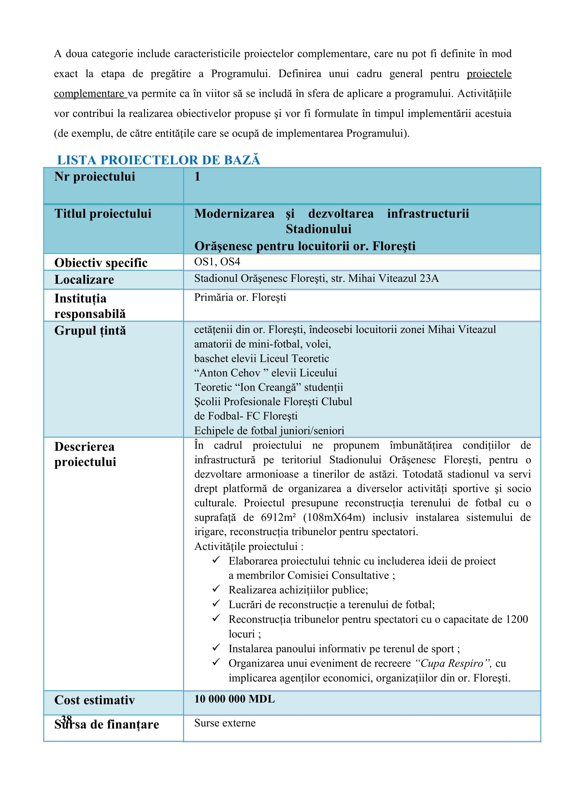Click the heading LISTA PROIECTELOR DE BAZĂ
[158, 160]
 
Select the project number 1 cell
[197, 176]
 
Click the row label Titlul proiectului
[103, 213]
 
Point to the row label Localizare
[84, 280]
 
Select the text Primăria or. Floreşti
[240, 297]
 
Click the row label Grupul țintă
[90, 331]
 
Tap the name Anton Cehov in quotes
[230, 373]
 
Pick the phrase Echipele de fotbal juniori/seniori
[269, 431]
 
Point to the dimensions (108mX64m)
[334, 517]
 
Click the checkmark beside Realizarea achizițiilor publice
[216, 589]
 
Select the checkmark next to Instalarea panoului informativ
[216, 647]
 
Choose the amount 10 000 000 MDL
[234, 699]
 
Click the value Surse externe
[225, 723]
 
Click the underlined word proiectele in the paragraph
[489, 74]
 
